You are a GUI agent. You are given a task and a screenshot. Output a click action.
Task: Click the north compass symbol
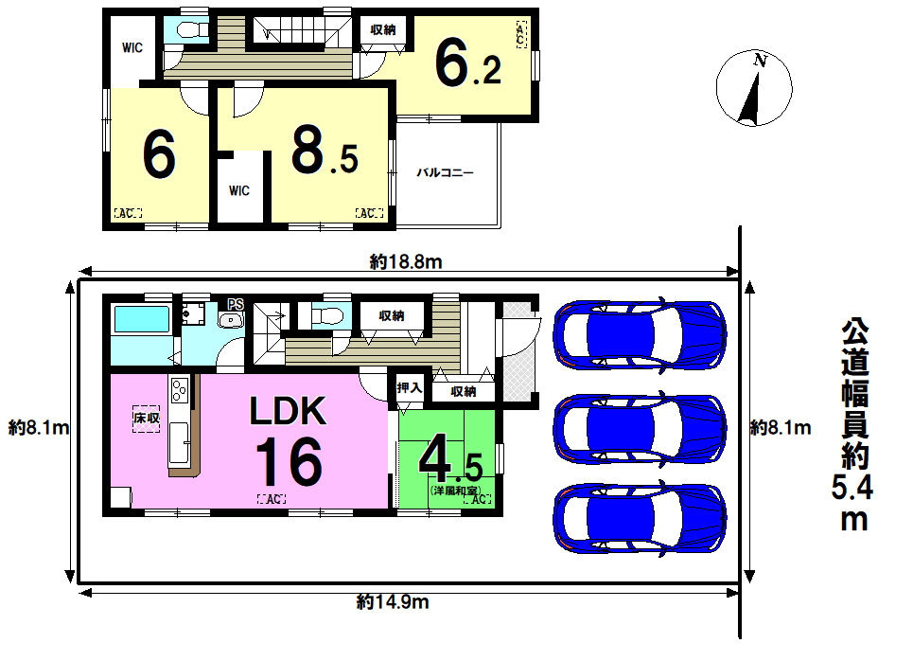tap(754, 87)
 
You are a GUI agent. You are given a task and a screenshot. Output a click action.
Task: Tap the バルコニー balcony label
tap(445, 172)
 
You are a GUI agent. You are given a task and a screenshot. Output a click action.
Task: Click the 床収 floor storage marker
tap(146, 419)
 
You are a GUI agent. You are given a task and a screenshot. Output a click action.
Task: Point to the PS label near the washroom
tap(236, 304)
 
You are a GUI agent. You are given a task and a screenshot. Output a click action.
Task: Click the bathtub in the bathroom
tap(142, 319)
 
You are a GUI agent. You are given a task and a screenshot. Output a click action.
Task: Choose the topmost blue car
tap(640, 335)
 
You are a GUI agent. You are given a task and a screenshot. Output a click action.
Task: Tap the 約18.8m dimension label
tap(406, 262)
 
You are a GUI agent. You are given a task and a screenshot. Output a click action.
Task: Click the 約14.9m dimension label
tap(393, 601)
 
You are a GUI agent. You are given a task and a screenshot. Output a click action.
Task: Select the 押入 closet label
tap(409, 387)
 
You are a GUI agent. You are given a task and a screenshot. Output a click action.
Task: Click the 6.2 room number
tap(468, 63)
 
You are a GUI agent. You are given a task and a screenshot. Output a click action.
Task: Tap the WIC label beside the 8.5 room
tap(238, 190)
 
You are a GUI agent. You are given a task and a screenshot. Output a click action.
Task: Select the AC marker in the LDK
tap(272, 499)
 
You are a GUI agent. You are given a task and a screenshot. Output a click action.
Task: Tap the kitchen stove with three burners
tap(179, 389)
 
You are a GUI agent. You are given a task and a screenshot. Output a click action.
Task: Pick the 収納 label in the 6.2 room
tap(382, 29)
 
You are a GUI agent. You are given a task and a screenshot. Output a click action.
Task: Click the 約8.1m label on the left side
tap(39, 428)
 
